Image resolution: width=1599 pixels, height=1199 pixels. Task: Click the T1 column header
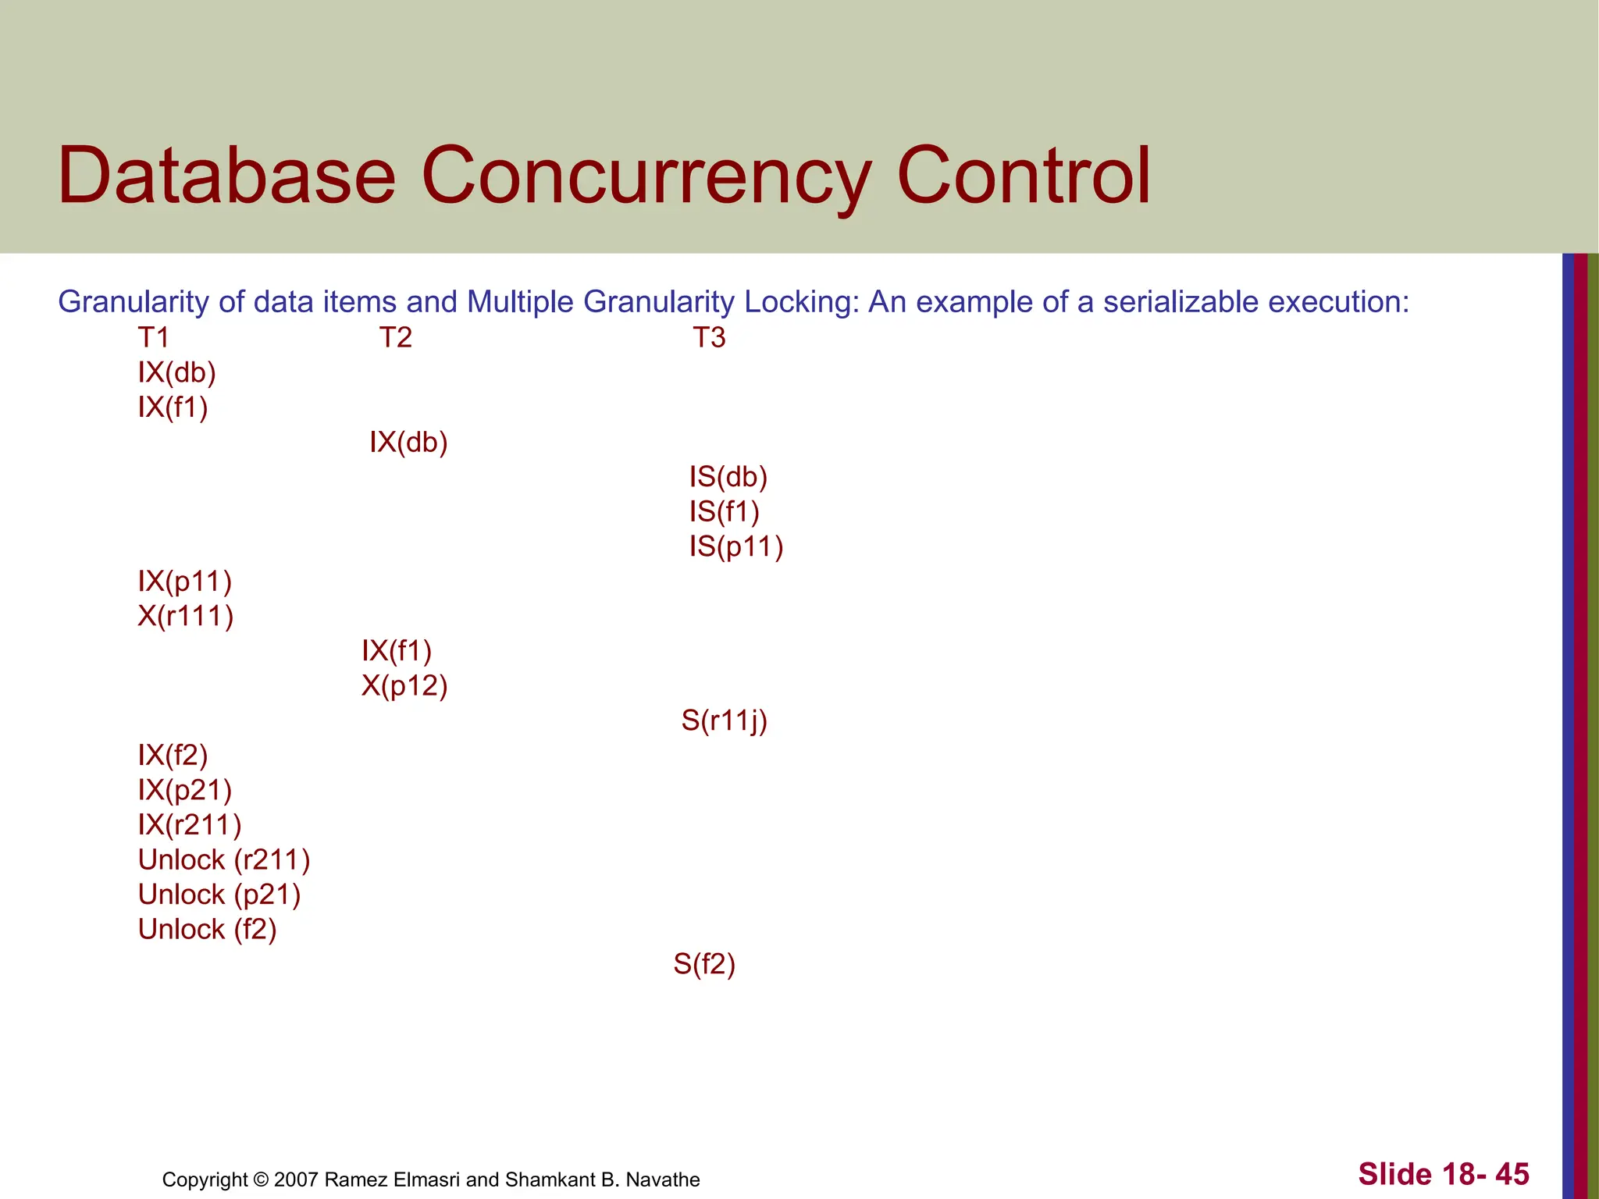pyautogui.click(x=154, y=338)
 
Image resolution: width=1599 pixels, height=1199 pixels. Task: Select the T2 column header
pyautogui.click(x=395, y=338)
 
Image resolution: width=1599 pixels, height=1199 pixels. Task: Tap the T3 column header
pyautogui.click(x=709, y=338)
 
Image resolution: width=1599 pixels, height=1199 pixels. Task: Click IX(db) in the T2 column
pyautogui.click(x=408, y=443)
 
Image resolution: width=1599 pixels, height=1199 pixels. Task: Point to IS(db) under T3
pyautogui.click(x=728, y=477)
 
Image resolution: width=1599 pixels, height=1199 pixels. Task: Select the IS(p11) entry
pyautogui.click(x=735, y=546)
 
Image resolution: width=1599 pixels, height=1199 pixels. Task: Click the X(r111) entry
pyautogui.click(x=186, y=616)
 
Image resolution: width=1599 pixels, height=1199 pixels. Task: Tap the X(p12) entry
pyautogui.click(x=404, y=685)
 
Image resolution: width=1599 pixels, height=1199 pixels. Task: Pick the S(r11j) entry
pyautogui.click(x=724, y=720)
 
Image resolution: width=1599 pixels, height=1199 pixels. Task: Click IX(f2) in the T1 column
pyautogui.click(x=173, y=755)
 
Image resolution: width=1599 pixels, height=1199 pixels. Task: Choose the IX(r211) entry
pyautogui.click(x=190, y=824)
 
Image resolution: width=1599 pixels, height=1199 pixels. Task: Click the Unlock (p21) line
pyautogui.click(x=219, y=895)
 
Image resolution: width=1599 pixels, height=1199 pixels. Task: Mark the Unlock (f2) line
pyautogui.click(x=208, y=929)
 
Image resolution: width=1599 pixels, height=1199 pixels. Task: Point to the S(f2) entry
pyautogui.click(x=704, y=964)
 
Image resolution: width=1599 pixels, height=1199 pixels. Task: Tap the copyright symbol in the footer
pyautogui.click(x=261, y=1179)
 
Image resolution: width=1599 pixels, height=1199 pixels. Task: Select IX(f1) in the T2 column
pyautogui.click(x=397, y=651)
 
